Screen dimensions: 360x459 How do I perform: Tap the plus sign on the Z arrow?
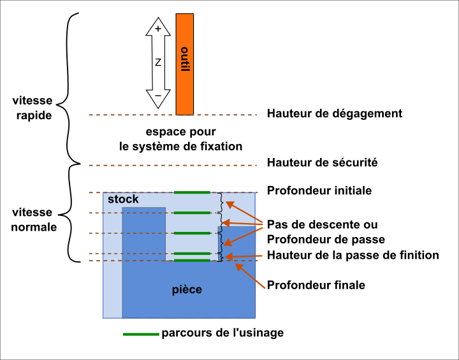158,28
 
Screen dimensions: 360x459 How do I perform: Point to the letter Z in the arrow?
158,62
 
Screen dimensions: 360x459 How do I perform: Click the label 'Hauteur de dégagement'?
334,114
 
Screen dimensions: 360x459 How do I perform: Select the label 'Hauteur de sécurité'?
323,163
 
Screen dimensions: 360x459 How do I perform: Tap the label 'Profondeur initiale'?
319,191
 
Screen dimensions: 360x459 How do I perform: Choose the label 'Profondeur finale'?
316,285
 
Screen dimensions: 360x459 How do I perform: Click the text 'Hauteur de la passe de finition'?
353,256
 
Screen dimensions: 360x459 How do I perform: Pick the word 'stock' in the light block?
123,199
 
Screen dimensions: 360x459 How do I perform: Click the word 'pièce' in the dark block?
187,289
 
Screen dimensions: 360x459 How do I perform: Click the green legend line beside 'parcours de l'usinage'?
140,333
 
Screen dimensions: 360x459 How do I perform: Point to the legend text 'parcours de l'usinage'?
222,333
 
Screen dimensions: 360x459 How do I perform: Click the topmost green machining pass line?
192,192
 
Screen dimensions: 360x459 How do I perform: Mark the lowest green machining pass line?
192,261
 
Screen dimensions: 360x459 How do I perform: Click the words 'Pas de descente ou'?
321,225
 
